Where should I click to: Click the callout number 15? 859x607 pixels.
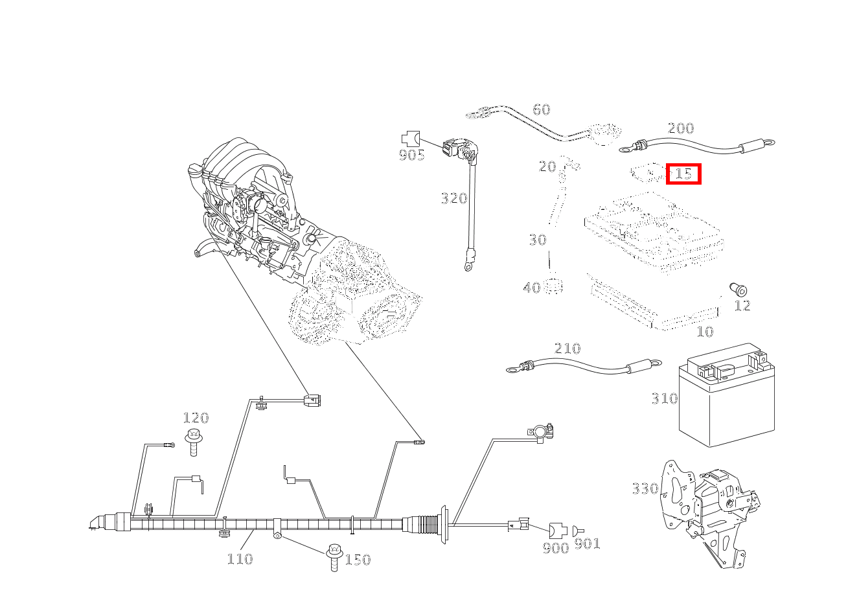683,174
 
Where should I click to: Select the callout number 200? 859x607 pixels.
680,128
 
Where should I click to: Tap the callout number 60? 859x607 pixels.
541,109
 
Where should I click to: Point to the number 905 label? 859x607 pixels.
411,155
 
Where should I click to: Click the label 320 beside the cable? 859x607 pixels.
453,198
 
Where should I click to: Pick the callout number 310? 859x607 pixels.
664,398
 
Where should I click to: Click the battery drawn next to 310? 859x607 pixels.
726,398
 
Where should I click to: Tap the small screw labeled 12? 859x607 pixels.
737,289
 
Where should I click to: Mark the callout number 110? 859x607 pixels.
239,558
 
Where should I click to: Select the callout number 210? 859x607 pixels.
567,349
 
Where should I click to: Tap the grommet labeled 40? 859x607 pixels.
553,286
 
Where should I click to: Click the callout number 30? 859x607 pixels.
537,240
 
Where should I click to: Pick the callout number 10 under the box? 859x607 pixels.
704,332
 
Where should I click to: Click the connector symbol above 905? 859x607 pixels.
410,138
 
